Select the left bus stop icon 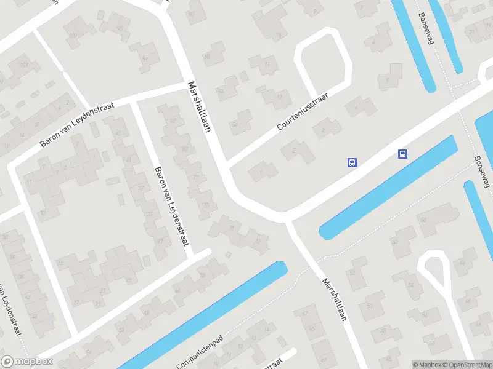[x=352, y=163]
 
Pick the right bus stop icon [x=403, y=154]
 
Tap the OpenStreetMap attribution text [x=466, y=365]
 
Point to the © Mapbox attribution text [x=427, y=365]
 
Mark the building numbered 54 [x=411, y=285]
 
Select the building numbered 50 [x=370, y=306]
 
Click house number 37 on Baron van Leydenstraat [x=141, y=188]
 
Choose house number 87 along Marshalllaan [x=185, y=149]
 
